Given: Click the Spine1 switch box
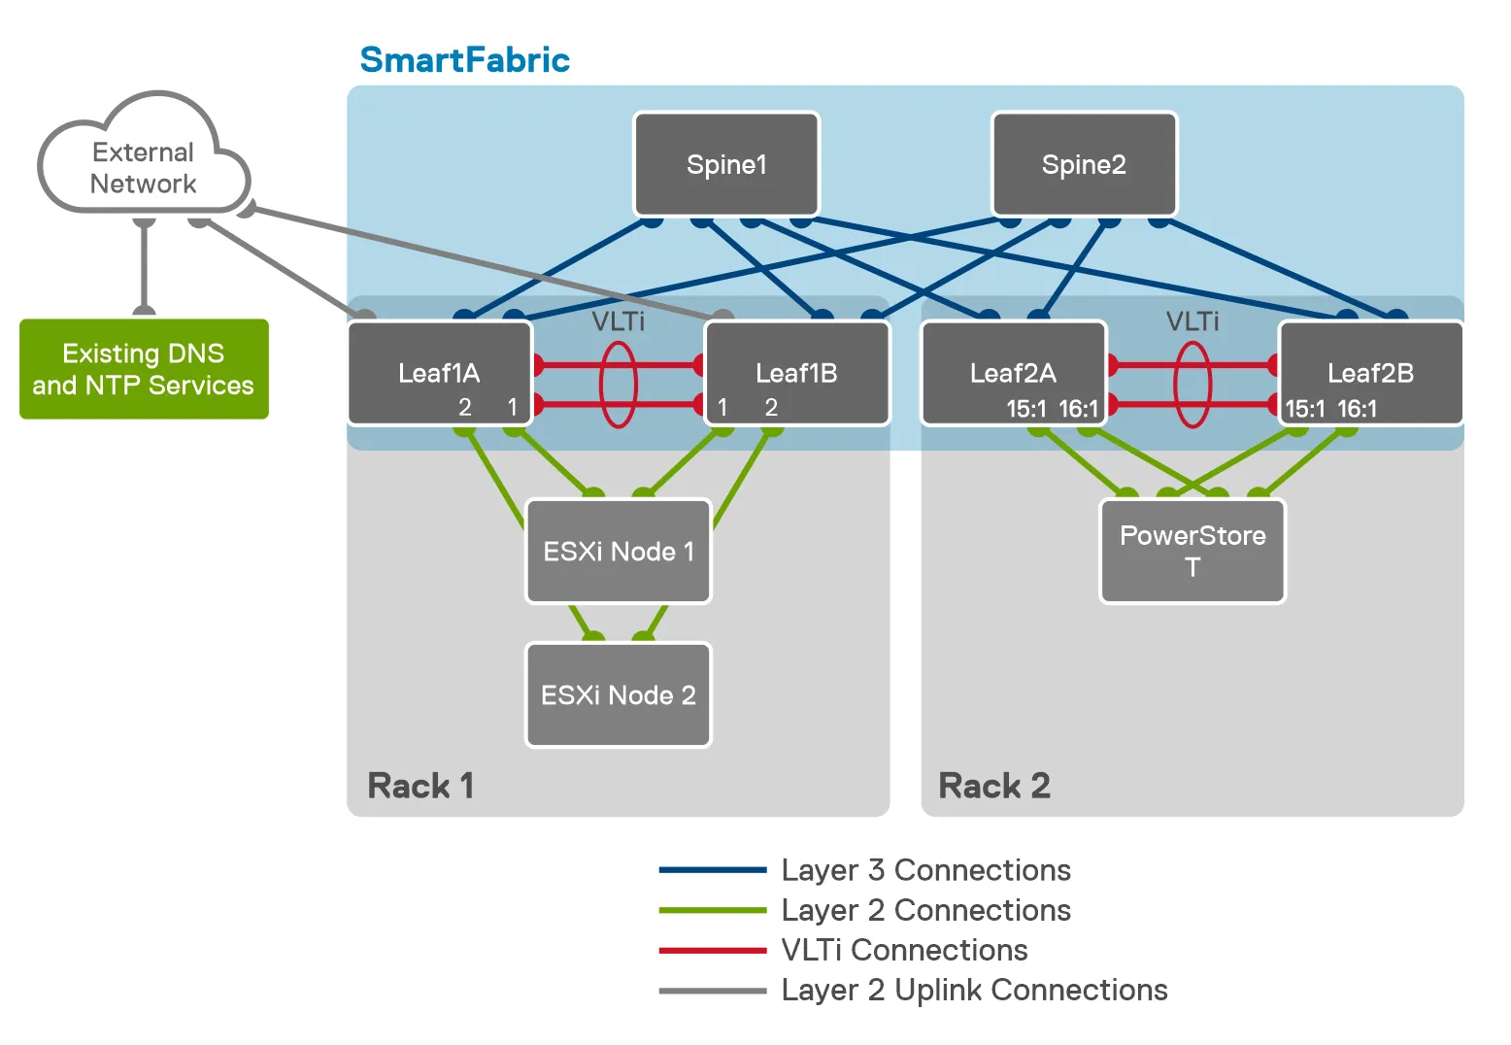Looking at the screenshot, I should click(x=726, y=164).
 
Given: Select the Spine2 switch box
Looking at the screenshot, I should click(x=1084, y=164).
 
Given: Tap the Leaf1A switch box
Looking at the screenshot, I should click(x=439, y=374).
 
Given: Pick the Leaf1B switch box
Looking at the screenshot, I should click(x=796, y=374).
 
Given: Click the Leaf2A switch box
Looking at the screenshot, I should click(x=1013, y=374).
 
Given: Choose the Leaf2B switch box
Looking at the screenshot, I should click(x=1370, y=374).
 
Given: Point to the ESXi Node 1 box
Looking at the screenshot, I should click(x=619, y=552).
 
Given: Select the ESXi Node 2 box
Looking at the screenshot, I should click(x=619, y=695).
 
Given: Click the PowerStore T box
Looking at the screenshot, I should click(x=1192, y=551).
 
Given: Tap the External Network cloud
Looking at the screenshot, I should click(x=143, y=167).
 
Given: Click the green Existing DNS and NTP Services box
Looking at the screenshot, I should click(x=144, y=369).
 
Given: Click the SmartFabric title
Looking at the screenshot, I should click(x=464, y=60).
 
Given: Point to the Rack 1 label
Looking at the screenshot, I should click(x=420, y=786).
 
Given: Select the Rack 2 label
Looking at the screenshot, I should click(x=994, y=786).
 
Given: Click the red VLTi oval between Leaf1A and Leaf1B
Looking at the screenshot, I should click(x=619, y=385).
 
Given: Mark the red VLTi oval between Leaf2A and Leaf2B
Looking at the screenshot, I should click(x=1192, y=385).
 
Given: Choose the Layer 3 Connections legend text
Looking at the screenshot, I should click(x=925, y=870).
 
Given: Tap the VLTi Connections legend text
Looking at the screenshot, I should click(x=904, y=950).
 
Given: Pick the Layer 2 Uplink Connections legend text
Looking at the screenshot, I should click(x=974, y=990).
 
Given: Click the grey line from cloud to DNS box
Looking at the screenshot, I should click(x=144, y=267).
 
